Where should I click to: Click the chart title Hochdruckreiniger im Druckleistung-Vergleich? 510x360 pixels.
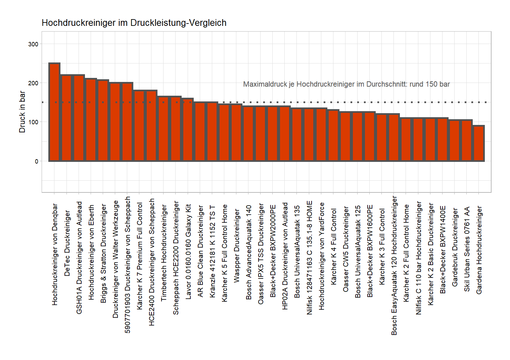pos(134,23)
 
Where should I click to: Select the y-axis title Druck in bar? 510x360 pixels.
pos(22,112)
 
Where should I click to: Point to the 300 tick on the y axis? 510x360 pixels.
pos(33,44)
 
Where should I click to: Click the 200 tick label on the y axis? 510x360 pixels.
pos(33,83)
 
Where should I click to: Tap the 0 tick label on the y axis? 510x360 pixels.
pos(36,161)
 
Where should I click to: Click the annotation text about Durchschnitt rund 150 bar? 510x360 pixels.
pos(346,84)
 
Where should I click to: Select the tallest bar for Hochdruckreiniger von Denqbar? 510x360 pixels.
pos(54,112)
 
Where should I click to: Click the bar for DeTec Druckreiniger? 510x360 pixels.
pos(66,118)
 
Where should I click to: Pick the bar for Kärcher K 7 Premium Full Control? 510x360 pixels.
pos(139,126)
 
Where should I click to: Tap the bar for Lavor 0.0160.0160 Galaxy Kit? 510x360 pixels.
pos(188,130)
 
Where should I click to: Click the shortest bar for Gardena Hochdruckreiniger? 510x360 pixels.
pos(479,143)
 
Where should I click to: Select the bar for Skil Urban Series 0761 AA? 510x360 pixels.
pos(467,140)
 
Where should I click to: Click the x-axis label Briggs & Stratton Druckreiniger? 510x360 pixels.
pos(103,254)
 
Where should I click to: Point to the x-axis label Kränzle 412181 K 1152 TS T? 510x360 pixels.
pos(212,252)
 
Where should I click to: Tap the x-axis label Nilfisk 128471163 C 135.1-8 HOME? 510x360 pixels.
pos(309,258)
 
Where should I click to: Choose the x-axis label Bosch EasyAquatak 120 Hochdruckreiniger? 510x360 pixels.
pos(394,266)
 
